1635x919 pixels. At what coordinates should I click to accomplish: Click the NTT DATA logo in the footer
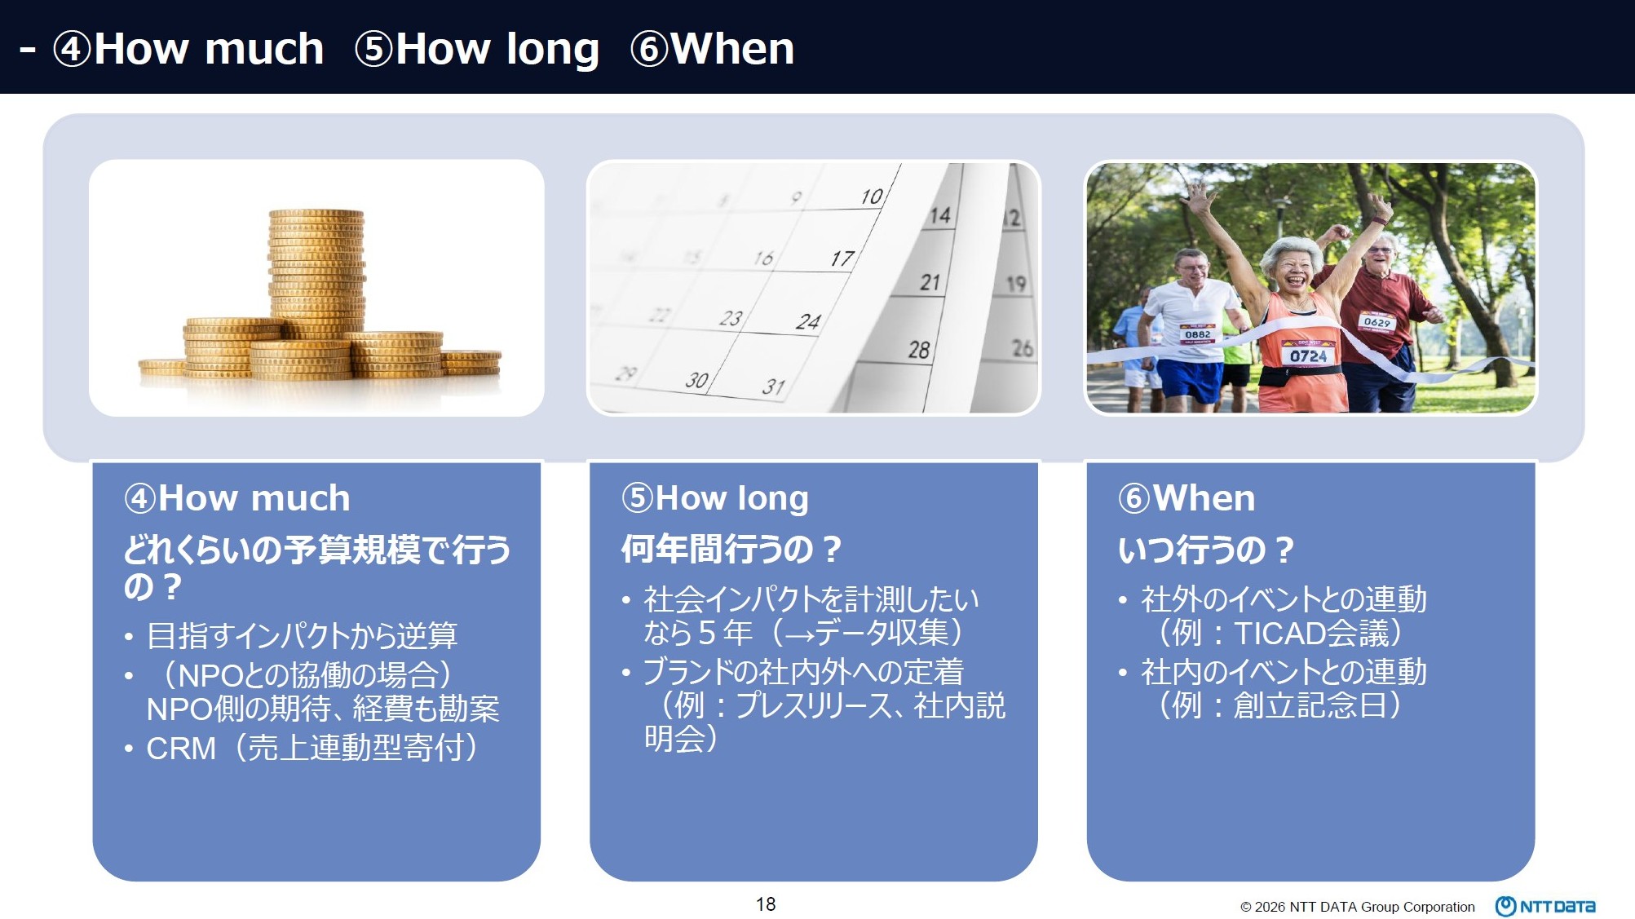1545,906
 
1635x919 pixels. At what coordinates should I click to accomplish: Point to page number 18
766,904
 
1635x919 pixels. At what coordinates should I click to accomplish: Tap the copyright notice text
1358,907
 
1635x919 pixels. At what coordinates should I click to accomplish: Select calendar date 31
773,387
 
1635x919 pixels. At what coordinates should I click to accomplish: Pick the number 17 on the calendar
842,258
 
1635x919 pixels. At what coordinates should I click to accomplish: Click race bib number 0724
1308,355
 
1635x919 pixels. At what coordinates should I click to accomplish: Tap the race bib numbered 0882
1197,334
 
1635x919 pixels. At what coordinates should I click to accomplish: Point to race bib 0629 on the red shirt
1376,321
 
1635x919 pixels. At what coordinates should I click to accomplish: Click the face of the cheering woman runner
1293,270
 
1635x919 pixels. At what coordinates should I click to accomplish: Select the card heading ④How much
236,497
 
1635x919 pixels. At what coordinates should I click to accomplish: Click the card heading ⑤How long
714,498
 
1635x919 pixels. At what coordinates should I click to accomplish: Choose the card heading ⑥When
1186,497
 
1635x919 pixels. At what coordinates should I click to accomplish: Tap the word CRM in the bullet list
181,749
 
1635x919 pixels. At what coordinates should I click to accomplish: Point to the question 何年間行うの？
731,549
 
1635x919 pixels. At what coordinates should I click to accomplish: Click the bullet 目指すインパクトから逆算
302,635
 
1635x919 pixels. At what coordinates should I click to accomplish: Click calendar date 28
919,350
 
